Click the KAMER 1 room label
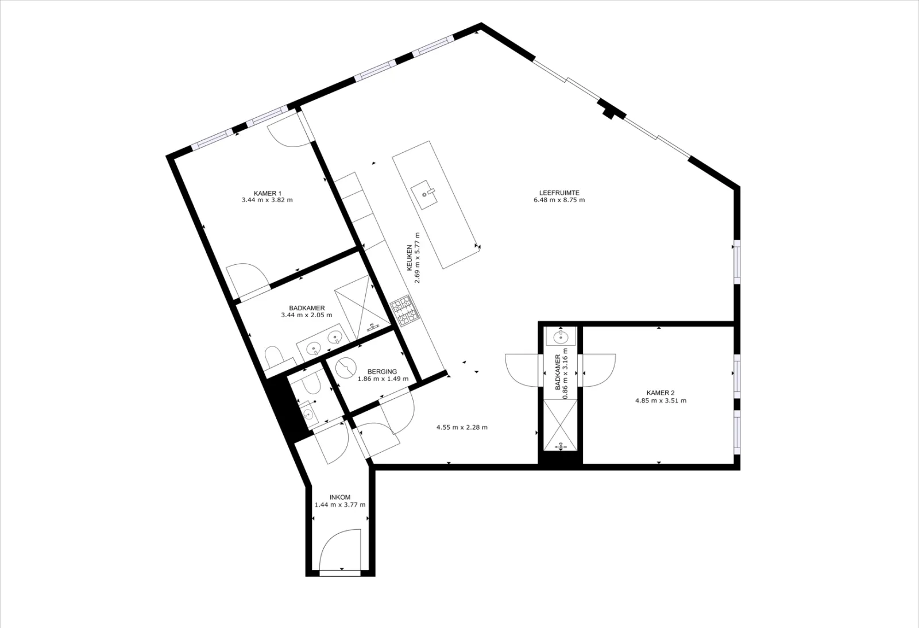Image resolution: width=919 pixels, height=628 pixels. [268, 193]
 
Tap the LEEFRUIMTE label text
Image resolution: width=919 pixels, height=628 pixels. [559, 193]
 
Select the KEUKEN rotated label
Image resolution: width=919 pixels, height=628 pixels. [409, 258]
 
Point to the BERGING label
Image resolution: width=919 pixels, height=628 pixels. [383, 372]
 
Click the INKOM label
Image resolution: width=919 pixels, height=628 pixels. [340, 498]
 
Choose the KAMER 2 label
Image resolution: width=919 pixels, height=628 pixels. [661, 393]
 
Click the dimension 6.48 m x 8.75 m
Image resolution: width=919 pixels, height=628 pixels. [559, 201]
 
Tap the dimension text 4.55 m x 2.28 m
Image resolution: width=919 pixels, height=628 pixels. [462, 427]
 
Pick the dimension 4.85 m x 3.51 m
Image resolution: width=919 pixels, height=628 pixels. [661, 400]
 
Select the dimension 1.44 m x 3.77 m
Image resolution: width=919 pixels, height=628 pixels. [340, 505]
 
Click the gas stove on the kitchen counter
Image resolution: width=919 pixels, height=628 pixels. [403, 311]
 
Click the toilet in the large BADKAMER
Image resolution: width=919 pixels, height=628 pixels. [273, 357]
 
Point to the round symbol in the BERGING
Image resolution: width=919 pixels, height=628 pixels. [346, 367]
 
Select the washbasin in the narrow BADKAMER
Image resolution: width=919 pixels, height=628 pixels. [561, 337]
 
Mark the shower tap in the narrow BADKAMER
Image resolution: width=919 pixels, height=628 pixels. [561, 446]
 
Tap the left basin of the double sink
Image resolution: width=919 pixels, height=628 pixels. [314, 349]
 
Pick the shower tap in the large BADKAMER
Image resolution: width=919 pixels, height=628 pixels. [373, 327]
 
